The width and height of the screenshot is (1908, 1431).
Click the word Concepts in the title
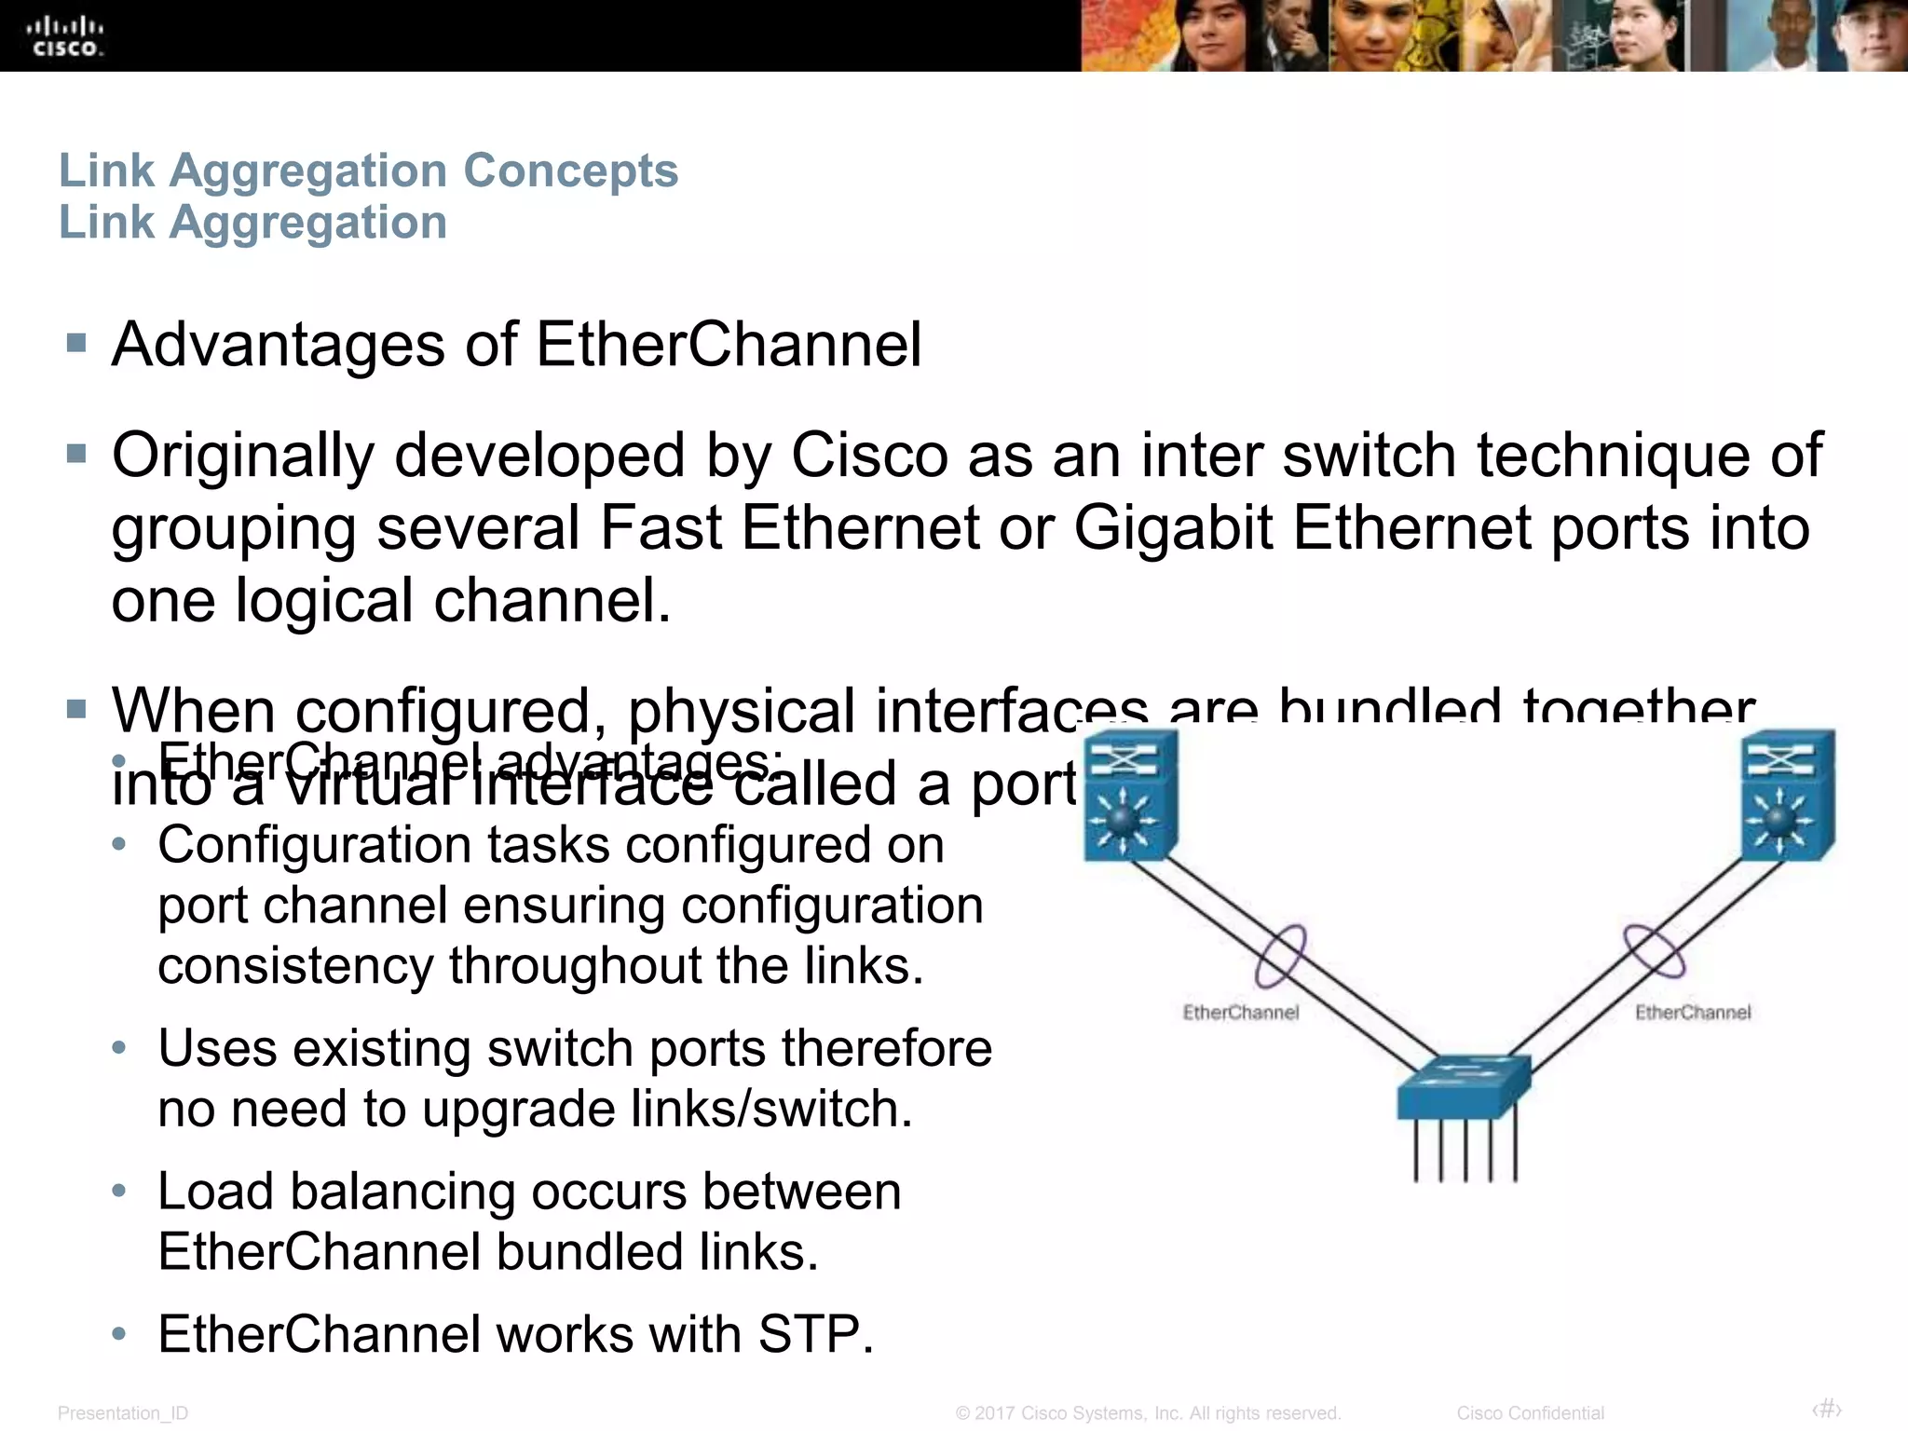[x=570, y=170]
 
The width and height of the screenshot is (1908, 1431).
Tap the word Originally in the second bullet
[x=243, y=457]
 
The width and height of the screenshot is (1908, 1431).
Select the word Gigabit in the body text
[x=1173, y=528]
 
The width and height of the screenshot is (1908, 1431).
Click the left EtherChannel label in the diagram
[x=1240, y=1013]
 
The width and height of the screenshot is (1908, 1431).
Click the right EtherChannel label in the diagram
[x=1693, y=1013]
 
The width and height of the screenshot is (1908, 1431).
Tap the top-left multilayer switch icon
[x=1130, y=795]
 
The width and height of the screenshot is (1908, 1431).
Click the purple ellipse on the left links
[x=1280, y=956]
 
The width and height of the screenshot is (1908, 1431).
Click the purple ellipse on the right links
[x=1655, y=952]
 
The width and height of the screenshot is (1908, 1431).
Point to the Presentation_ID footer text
[x=123, y=1413]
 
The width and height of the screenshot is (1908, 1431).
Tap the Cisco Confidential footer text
[x=1530, y=1413]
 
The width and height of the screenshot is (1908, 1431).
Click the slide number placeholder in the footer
[x=1826, y=1409]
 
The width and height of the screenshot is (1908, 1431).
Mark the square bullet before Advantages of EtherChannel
[x=76, y=344]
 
